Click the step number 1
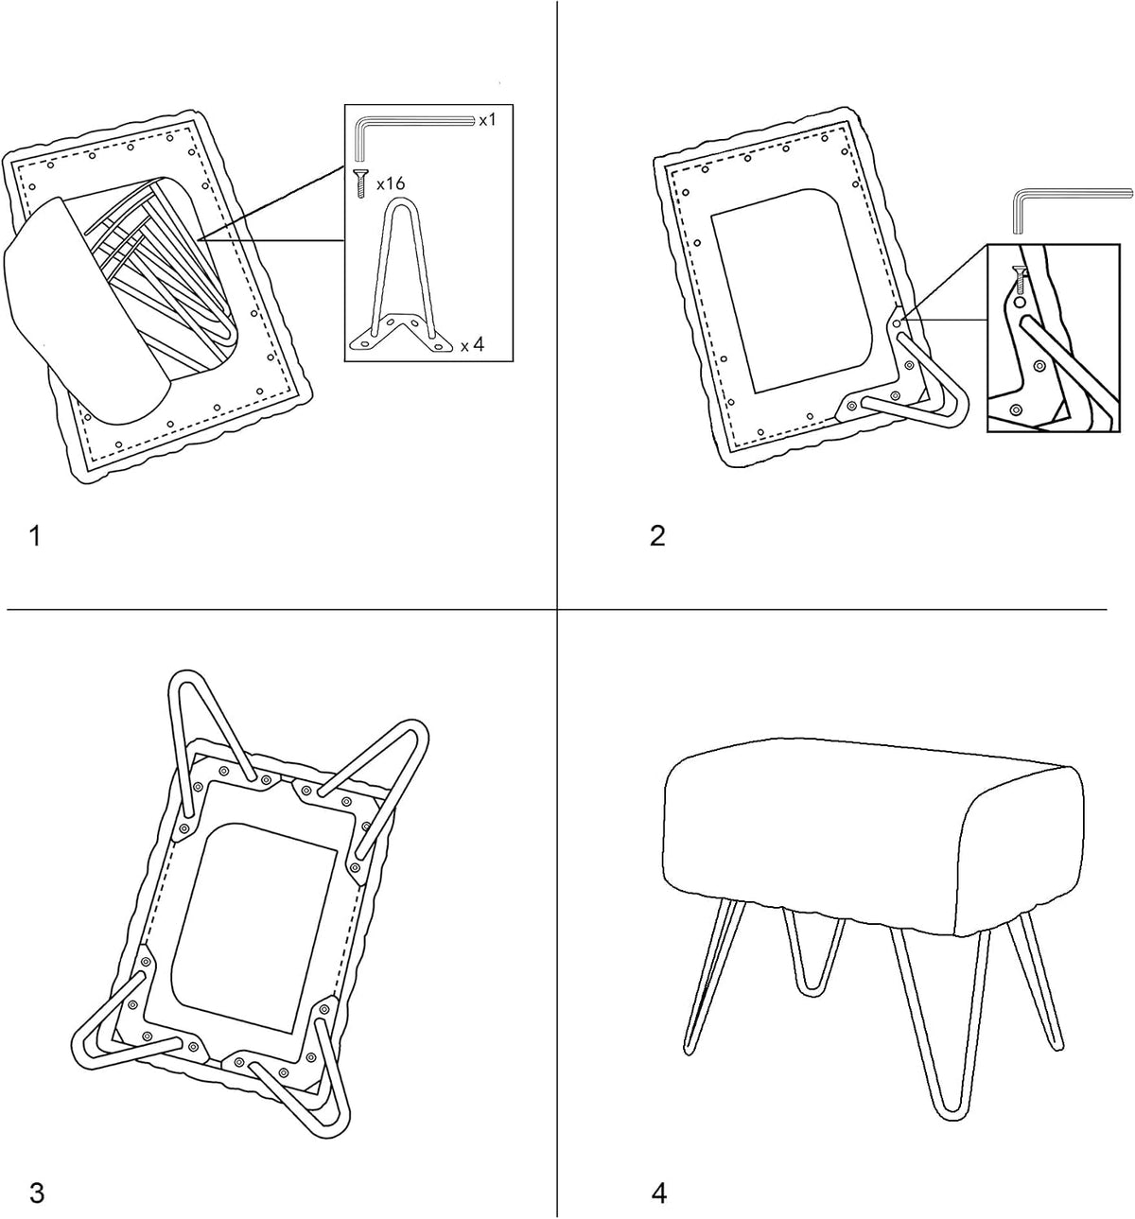[x=35, y=536]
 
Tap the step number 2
[x=657, y=536]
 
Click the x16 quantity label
[x=391, y=183]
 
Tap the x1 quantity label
[x=487, y=120]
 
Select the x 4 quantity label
[x=472, y=344]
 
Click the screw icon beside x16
[x=360, y=183]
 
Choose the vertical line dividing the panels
[x=557, y=609]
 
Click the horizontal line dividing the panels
[x=556, y=609]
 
